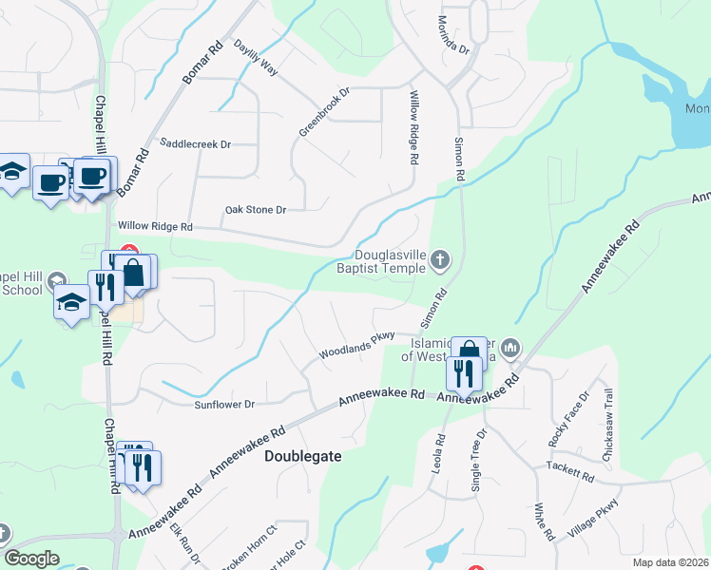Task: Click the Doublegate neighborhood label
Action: pyautogui.click(x=301, y=456)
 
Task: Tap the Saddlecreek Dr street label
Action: pyautogui.click(x=196, y=144)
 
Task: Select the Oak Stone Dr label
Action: pyautogui.click(x=255, y=209)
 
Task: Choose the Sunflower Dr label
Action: pyautogui.click(x=224, y=404)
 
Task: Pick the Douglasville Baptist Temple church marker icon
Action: pyautogui.click(x=439, y=258)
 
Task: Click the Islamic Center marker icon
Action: pyautogui.click(x=510, y=349)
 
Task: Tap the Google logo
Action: pyautogui.click(x=31, y=559)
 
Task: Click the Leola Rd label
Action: pyautogui.click(x=440, y=453)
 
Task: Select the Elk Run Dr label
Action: pyautogui.click(x=183, y=545)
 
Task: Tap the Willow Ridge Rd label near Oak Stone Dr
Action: pyautogui.click(x=155, y=227)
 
